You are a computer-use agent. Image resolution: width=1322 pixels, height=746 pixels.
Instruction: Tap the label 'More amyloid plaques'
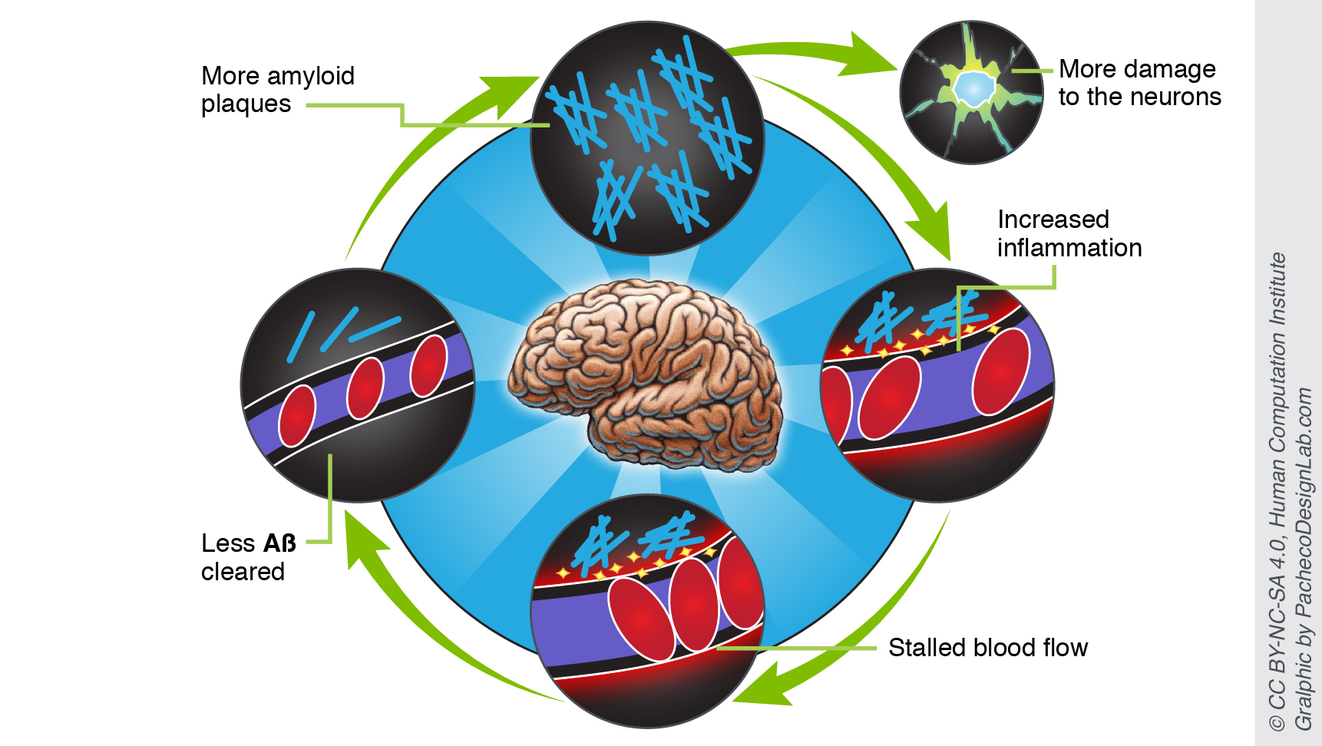tap(277, 90)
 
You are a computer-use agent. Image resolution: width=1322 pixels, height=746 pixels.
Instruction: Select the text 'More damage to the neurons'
tap(1139, 83)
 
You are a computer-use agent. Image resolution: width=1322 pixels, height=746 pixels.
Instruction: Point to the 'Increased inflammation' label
tap(1069, 233)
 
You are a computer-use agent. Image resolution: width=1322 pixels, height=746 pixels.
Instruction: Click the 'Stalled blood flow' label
tap(987, 648)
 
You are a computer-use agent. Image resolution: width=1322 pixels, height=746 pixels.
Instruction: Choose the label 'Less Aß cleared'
tap(248, 557)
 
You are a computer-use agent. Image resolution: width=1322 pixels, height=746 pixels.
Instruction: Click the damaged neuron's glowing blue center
tap(973, 89)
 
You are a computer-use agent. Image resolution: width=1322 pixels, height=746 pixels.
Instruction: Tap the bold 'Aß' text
tap(279, 543)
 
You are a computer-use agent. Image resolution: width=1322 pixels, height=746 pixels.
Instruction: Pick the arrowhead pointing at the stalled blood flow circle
tap(765, 687)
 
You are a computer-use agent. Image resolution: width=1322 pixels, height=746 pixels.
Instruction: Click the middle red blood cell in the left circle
tap(365, 388)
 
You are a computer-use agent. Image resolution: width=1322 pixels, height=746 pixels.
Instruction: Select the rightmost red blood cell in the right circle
tap(1000, 371)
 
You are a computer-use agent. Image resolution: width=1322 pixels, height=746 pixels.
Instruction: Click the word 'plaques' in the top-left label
tap(246, 104)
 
